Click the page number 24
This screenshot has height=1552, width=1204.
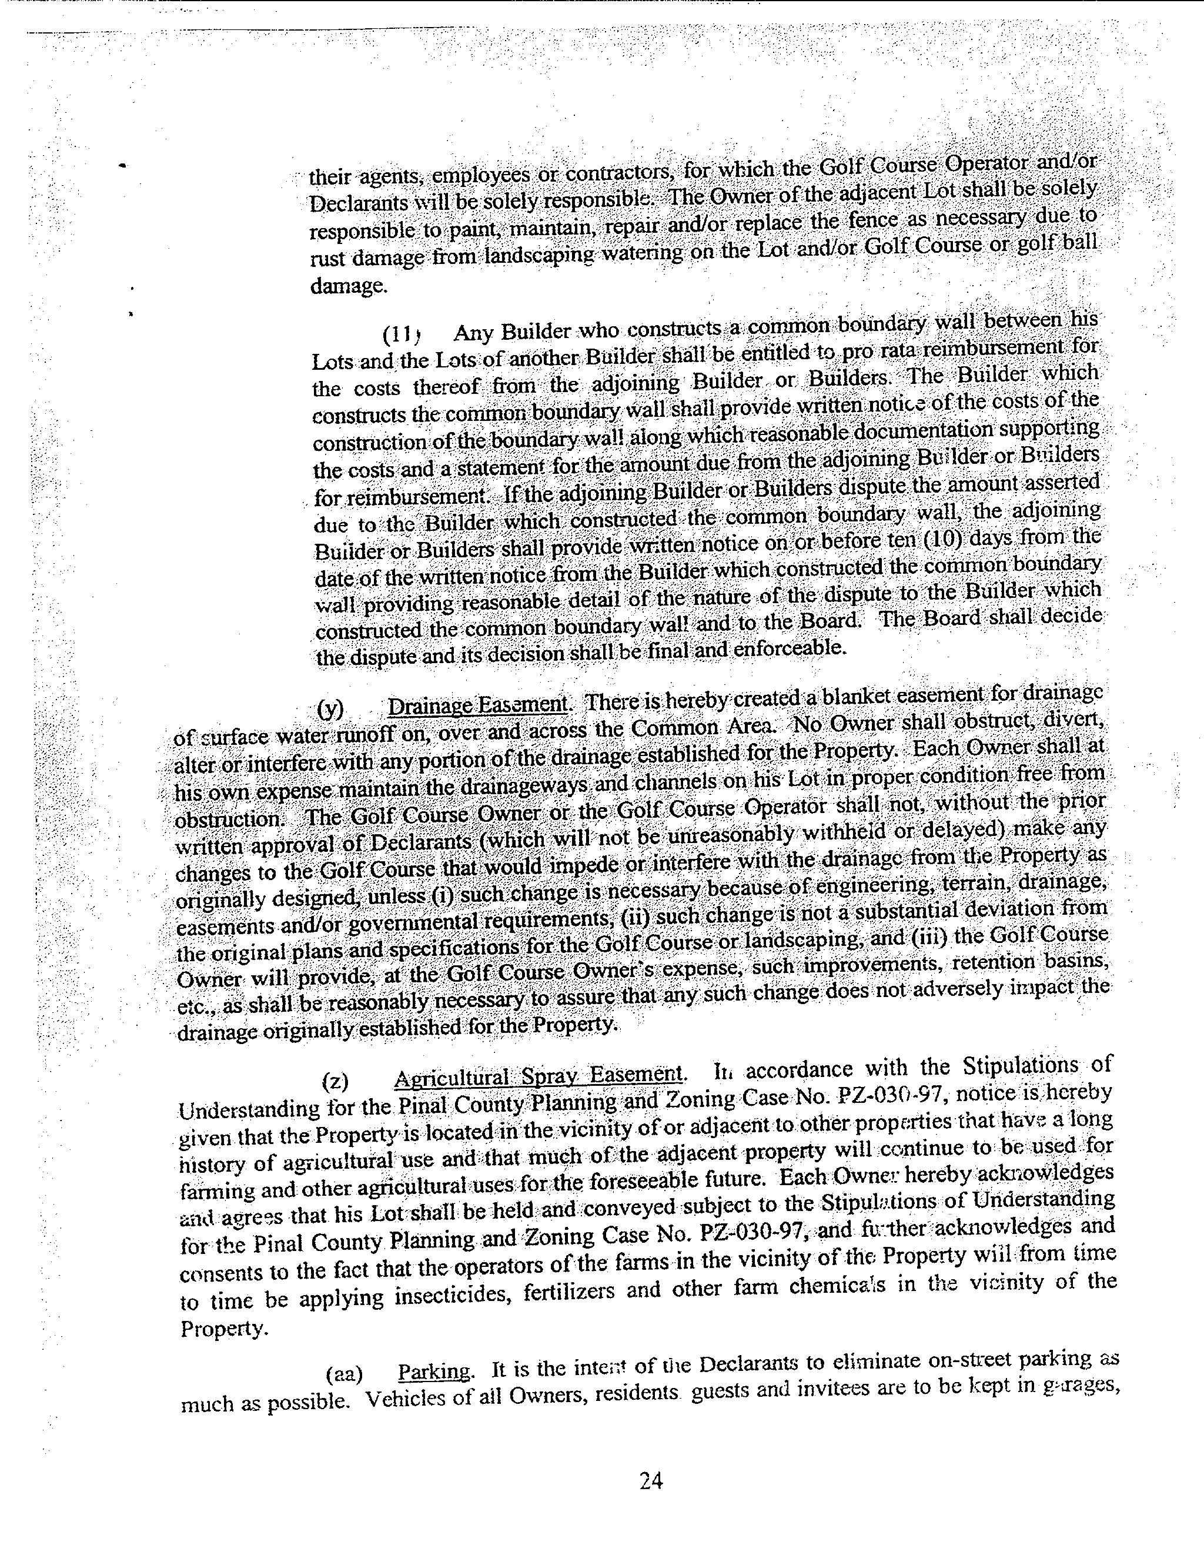click(x=651, y=1480)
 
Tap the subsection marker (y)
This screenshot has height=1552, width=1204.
click(x=330, y=708)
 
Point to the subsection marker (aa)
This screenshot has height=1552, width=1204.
click(x=344, y=1374)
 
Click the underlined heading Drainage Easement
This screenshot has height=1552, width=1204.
click(x=477, y=705)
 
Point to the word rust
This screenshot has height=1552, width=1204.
click(x=327, y=259)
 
